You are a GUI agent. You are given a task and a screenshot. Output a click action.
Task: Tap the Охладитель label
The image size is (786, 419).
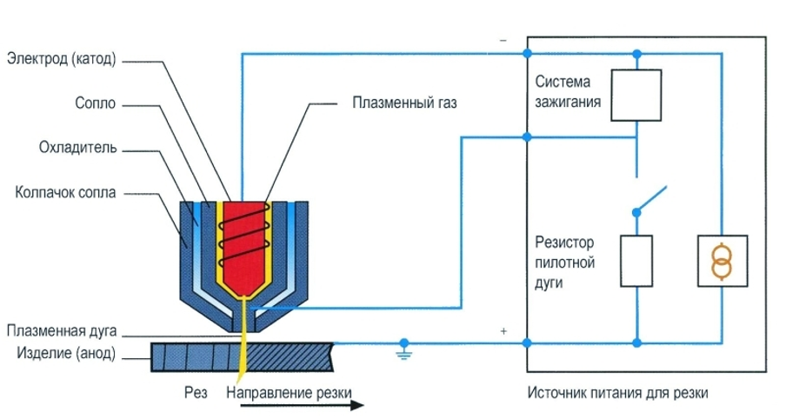point(77,148)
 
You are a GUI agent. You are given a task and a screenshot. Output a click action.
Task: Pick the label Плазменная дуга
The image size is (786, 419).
point(61,331)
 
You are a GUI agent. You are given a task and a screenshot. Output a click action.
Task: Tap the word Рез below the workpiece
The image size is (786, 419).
point(196,393)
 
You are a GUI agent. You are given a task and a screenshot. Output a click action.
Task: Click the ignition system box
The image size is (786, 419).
point(637,96)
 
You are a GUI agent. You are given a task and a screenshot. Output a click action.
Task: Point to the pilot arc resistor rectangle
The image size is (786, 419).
point(636,260)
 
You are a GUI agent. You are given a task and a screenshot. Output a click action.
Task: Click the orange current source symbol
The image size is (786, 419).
point(722,260)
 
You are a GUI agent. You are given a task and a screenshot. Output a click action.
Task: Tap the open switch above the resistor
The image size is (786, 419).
point(649,200)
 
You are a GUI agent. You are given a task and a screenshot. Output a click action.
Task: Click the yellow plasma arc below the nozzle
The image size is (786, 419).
point(243,343)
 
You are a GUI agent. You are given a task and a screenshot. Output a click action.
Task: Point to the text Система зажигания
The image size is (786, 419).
point(563,91)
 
